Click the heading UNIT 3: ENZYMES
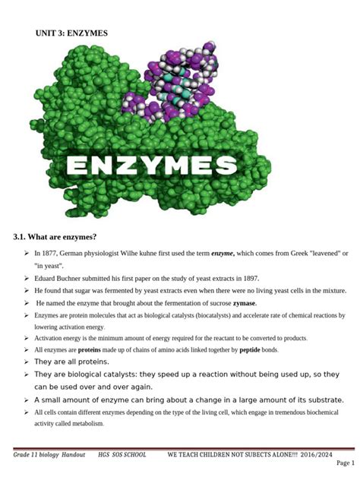71,33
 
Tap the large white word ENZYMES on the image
161,166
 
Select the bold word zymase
244,303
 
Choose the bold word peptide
250,349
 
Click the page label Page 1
345,463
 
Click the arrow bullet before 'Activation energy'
27,338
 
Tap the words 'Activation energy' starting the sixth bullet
59,338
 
